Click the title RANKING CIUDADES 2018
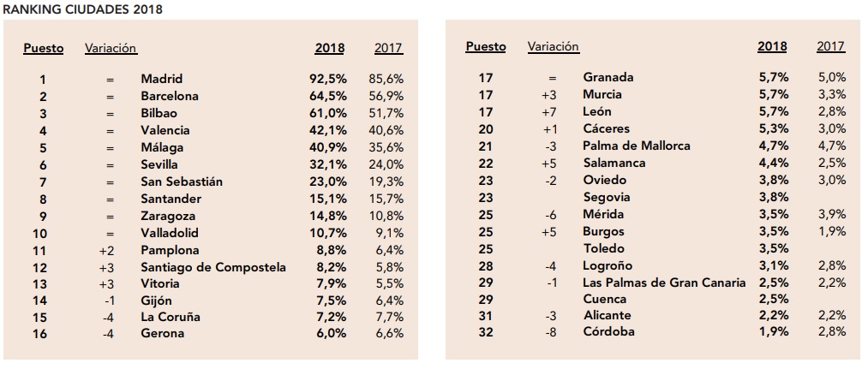pyautogui.click(x=82, y=9)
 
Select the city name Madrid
pyautogui.click(x=162, y=79)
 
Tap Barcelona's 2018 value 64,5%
pyautogui.click(x=328, y=96)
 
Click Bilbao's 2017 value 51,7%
pyautogui.click(x=386, y=113)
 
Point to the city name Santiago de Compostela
pyautogui.click(x=213, y=267)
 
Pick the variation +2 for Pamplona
pyautogui.click(x=106, y=251)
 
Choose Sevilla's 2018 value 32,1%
pyautogui.click(x=328, y=165)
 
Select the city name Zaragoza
pyautogui.click(x=168, y=217)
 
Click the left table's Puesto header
pyautogui.click(x=43, y=49)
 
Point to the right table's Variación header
pyautogui.click(x=553, y=46)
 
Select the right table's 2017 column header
pyautogui.click(x=831, y=46)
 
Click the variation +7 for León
pyautogui.click(x=548, y=112)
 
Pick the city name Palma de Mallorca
pyautogui.click(x=637, y=146)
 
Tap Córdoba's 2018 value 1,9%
pyautogui.click(x=773, y=332)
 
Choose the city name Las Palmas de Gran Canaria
pyautogui.click(x=664, y=283)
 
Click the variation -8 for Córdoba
pyautogui.click(x=550, y=332)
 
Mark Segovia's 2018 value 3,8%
pyautogui.click(x=774, y=197)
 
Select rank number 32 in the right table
pyautogui.click(x=486, y=332)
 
